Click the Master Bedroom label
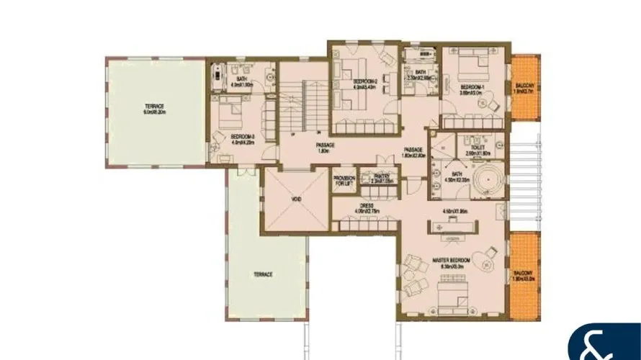pos(451,259)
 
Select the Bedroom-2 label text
pos(365,82)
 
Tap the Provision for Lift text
pos(344,182)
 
